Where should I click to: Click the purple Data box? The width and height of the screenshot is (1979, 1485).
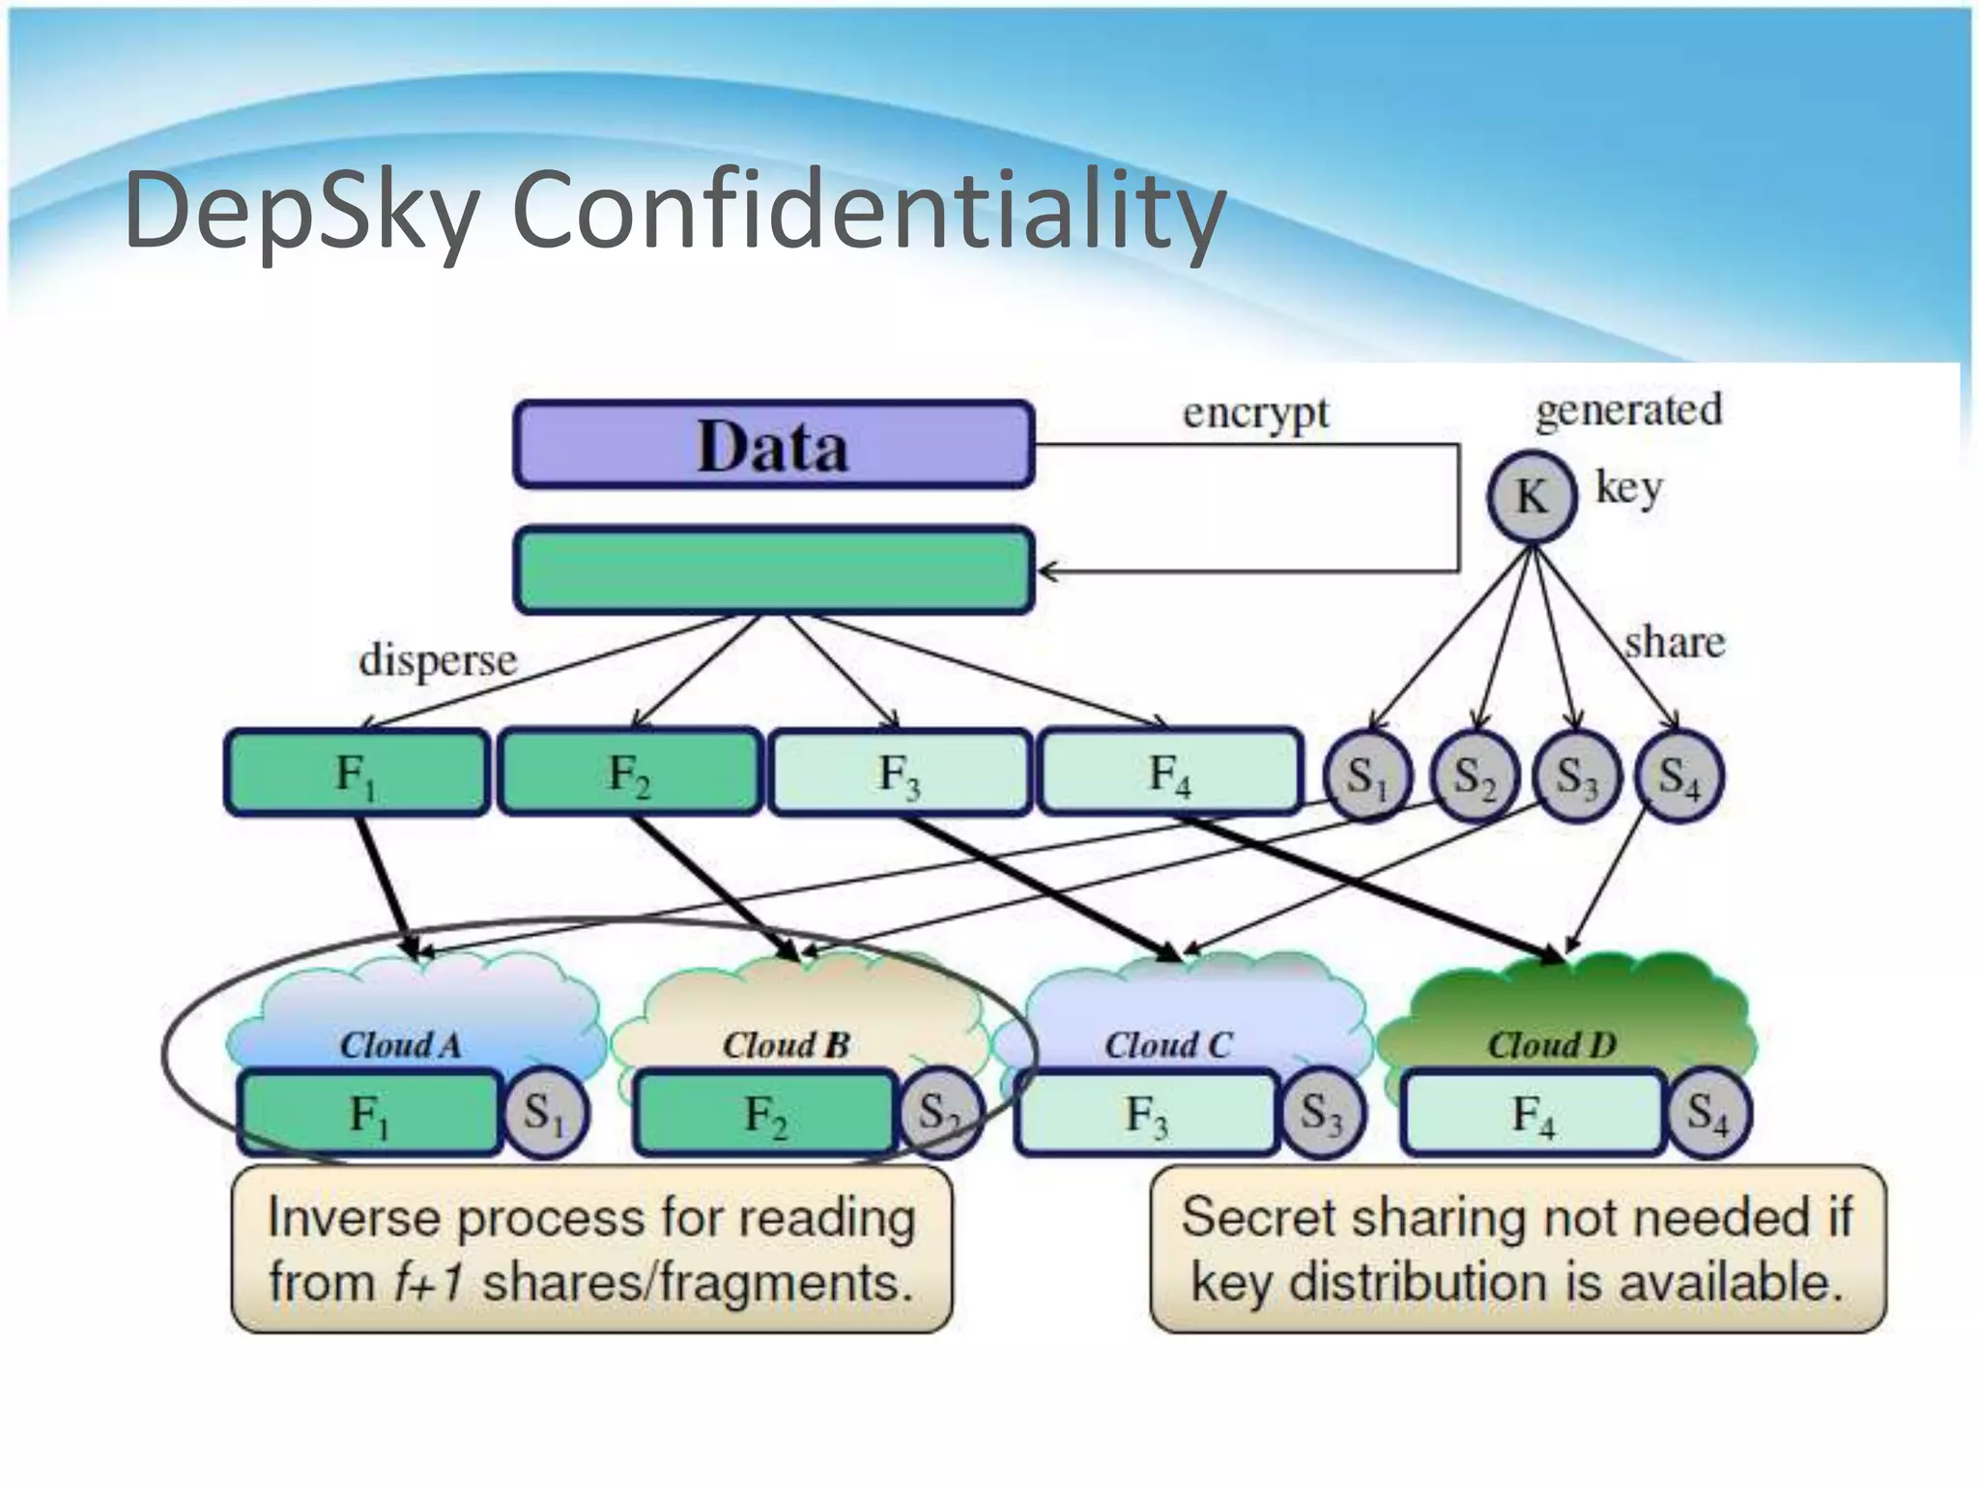pyautogui.click(x=773, y=445)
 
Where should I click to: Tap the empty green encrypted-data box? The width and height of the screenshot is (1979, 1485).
pyautogui.click(x=773, y=570)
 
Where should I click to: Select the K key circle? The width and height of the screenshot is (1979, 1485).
pyautogui.click(x=1531, y=497)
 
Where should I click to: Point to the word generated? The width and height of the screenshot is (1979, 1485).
pyautogui.click(x=1628, y=410)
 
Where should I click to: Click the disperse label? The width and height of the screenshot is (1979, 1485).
pyautogui.click(x=438, y=661)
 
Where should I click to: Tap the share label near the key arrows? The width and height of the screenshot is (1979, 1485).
pyautogui.click(x=1674, y=642)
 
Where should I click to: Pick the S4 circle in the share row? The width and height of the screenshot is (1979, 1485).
pyautogui.click(x=1679, y=776)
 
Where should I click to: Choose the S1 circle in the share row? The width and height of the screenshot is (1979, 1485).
pyautogui.click(x=1366, y=776)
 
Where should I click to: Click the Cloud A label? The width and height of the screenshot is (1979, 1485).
pyautogui.click(x=400, y=1045)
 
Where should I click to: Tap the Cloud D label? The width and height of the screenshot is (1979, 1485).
pyautogui.click(x=1551, y=1045)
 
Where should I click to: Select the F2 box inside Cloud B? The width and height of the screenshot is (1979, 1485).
pyautogui.click(x=765, y=1114)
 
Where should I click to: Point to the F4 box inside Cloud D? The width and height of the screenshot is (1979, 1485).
pyautogui.click(x=1534, y=1114)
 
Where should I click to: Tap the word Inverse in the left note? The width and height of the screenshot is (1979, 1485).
pyautogui.click(x=352, y=1217)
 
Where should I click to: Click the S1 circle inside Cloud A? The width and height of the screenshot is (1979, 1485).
pyautogui.click(x=544, y=1114)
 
